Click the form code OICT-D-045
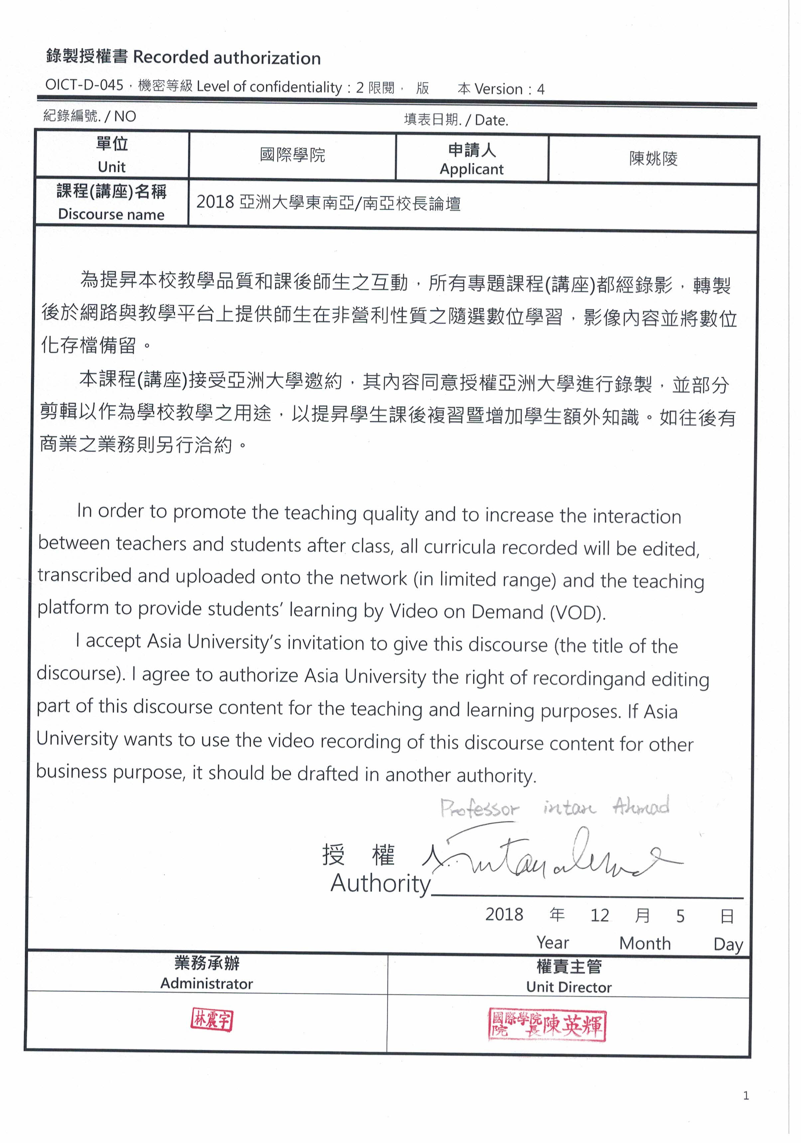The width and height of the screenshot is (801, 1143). (84, 85)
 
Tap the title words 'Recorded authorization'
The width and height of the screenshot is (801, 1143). (226, 58)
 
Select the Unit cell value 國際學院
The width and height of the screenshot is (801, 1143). (292, 155)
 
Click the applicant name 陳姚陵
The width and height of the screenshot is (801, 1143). (653, 159)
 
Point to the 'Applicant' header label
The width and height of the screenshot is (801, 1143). (471, 169)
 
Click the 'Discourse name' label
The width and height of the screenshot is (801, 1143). (111, 214)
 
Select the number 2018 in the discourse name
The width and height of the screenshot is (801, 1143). (215, 202)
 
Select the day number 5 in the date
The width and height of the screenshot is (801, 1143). (680, 916)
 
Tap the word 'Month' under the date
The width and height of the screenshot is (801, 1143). (645, 943)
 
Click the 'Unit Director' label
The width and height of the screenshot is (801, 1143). (569, 987)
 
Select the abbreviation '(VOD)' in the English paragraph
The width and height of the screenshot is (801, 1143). (578, 612)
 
